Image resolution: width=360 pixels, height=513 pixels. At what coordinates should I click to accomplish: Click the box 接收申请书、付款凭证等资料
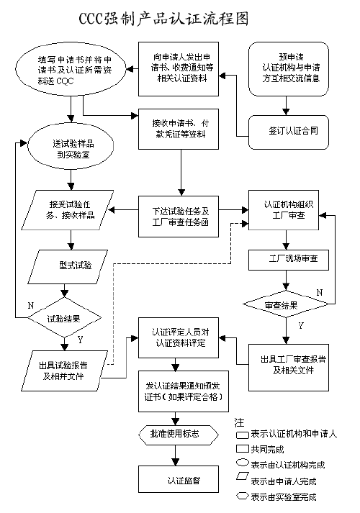click(x=179, y=130)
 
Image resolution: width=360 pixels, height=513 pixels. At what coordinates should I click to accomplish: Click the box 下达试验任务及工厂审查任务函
click(x=179, y=215)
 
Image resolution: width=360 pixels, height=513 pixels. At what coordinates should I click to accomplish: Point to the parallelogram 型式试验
click(x=69, y=265)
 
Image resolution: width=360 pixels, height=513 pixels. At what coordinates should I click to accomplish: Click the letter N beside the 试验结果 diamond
click(x=31, y=306)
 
